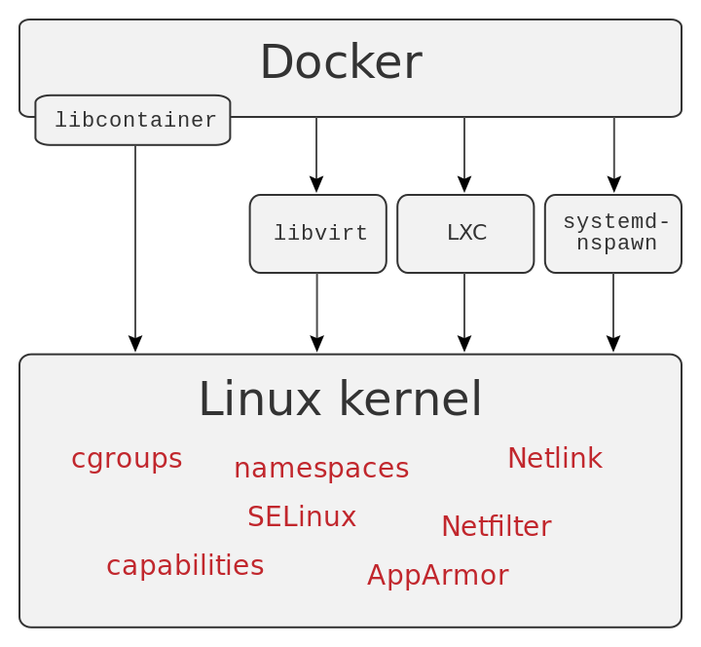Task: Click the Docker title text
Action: (341, 63)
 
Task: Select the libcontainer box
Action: (133, 121)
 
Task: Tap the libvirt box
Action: (318, 234)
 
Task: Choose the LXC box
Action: (465, 234)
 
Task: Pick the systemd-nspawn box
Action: (613, 234)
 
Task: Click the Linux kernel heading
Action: (340, 400)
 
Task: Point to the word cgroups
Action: (127, 459)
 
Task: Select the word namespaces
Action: (321, 469)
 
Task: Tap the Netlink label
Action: (555, 459)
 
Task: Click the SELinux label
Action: (302, 517)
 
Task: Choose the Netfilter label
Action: (497, 527)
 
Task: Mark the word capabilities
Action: (185, 566)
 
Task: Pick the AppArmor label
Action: (438, 576)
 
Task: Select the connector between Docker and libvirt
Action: (316, 148)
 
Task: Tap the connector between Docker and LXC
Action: (464, 148)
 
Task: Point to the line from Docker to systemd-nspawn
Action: (613, 148)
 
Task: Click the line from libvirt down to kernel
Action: (316, 305)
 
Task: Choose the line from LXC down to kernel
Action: (464, 305)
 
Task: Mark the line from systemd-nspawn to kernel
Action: (613, 305)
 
